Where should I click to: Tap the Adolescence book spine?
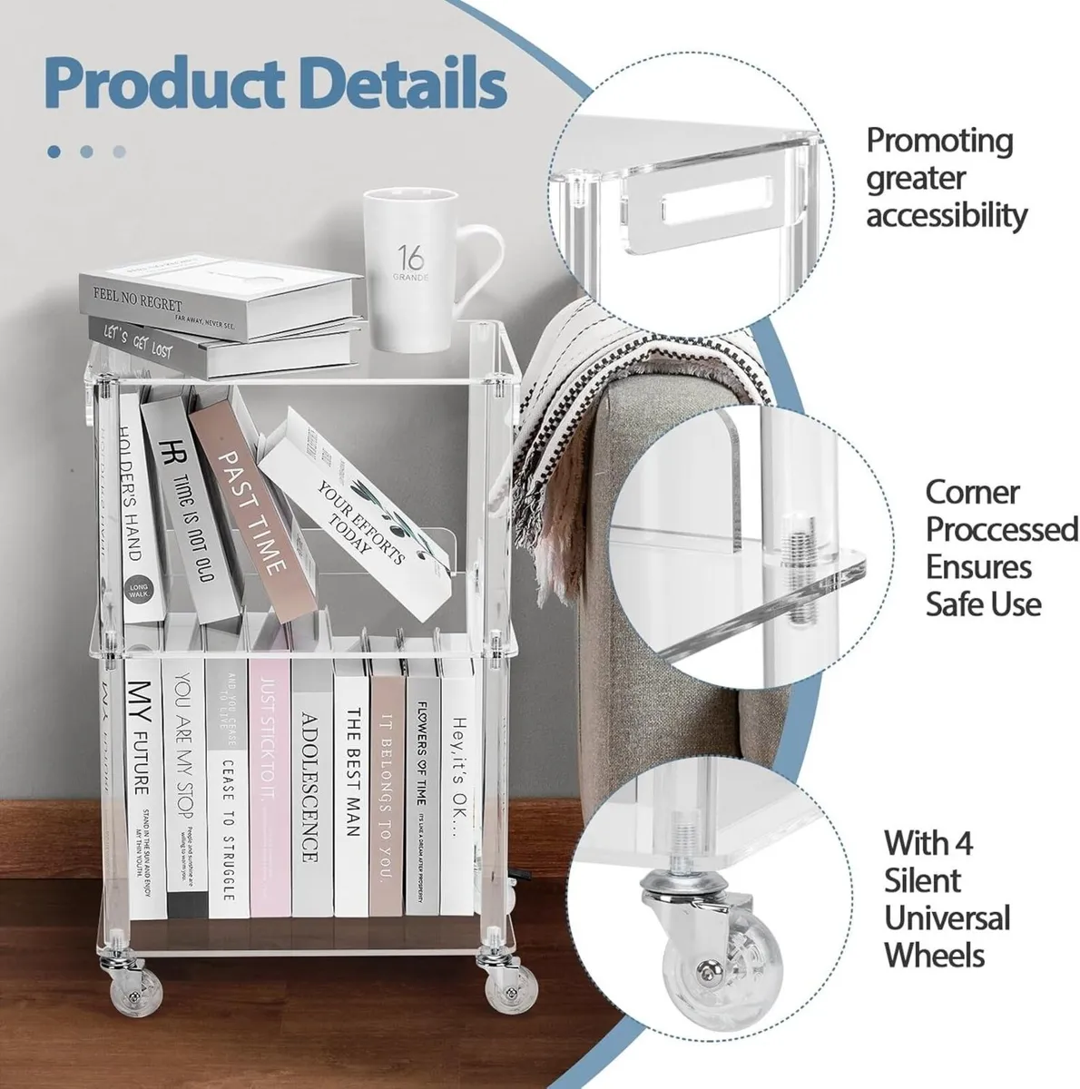tap(309, 780)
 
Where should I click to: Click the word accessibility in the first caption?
tap(947, 216)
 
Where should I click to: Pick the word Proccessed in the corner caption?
tap(1001, 528)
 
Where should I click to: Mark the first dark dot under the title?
tap(54, 152)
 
